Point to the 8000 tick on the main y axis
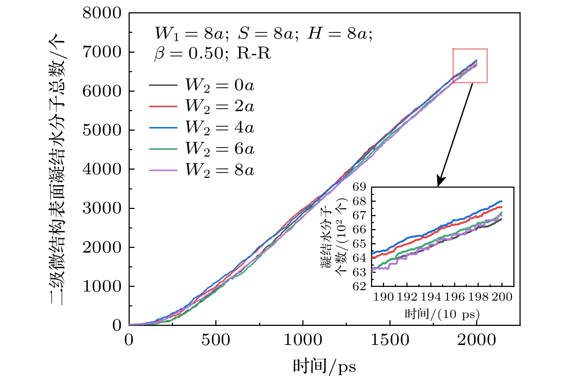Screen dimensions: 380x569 [x=102, y=13]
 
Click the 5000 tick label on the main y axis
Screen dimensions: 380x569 [x=102, y=130]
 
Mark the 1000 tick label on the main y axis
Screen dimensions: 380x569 [x=102, y=287]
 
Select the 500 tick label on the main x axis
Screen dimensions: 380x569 [x=216, y=340]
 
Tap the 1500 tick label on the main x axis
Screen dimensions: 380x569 [x=390, y=340]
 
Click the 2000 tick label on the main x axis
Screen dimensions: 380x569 [x=477, y=340]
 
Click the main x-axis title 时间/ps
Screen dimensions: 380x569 [x=324, y=367]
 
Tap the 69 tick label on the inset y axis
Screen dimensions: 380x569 [x=360, y=187]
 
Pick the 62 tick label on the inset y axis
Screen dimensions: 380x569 [x=360, y=287]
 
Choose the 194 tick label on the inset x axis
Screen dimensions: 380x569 [x=431, y=297]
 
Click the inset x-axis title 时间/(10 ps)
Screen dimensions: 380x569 [x=442, y=314]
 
